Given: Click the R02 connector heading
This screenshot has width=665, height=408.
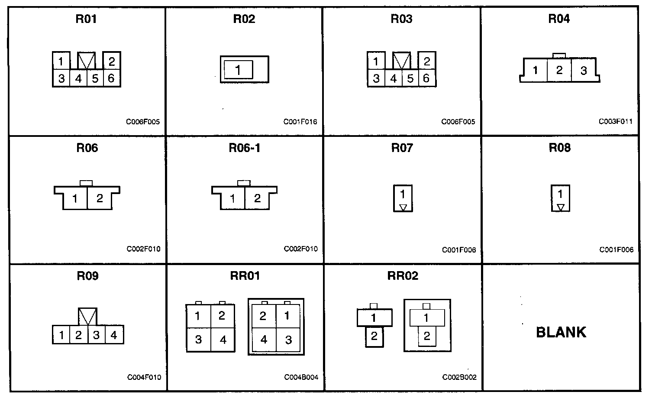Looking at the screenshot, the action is [x=244, y=19].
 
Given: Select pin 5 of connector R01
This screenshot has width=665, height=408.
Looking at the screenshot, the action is [x=95, y=78].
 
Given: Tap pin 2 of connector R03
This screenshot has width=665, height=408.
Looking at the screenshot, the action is [x=426, y=62].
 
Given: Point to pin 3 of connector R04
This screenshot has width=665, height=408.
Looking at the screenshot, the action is [x=584, y=71].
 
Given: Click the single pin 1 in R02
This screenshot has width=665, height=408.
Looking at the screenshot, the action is [x=238, y=69].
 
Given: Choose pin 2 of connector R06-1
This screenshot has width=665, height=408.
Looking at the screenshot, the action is [x=257, y=198].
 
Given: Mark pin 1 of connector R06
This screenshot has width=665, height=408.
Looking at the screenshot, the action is [x=75, y=199].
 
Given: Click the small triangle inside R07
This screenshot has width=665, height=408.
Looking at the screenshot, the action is [x=403, y=207].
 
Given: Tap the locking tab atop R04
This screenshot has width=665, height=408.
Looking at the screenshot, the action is [x=559, y=55].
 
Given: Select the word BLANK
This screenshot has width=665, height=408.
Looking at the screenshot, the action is [x=561, y=332].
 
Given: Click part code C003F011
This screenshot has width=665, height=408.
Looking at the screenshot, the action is [x=615, y=122].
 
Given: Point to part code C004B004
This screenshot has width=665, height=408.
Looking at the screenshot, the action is [x=301, y=377].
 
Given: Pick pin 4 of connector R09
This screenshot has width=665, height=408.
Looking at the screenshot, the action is [x=114, y=335].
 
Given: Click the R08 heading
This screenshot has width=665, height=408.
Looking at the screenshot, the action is [x=559, y=148].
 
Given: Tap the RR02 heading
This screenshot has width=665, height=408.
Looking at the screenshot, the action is [x=403, y=276].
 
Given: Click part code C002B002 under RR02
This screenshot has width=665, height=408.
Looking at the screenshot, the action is [x=459, y=377].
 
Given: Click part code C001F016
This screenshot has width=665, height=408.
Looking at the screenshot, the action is [x=300, y=122].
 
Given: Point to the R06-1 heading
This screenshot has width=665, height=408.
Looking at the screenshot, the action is [x=245, y=148].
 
